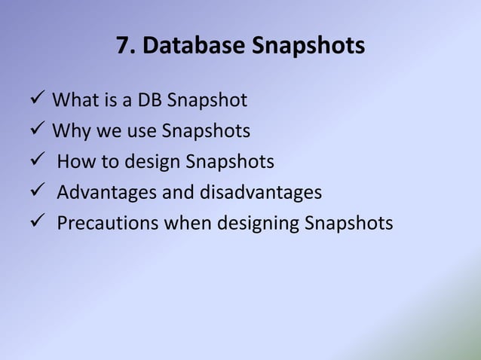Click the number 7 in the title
pyautogui.click(x=123, y=47)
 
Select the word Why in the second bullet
pyautogui.click(x=70, y=131)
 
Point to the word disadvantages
pyautogui.click(x=261, y=193)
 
